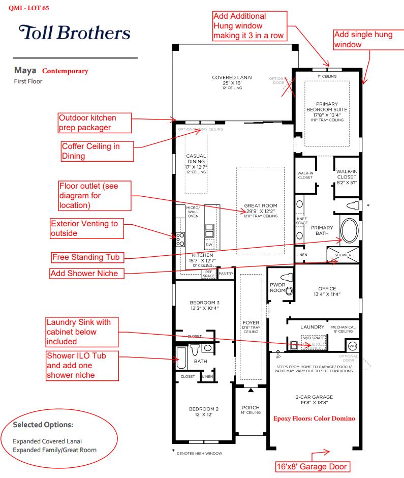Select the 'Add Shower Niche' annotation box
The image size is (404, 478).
[x=86, y=274]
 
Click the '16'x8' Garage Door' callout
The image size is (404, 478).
[x=312, y=466]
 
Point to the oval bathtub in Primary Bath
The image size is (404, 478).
[x=350, y=231]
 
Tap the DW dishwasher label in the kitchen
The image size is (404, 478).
[x=209, y=245]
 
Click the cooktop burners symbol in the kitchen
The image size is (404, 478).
[x=180, y=239]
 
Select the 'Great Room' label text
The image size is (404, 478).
[x=260, y=206]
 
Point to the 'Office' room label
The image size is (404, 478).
[x=327, y=289]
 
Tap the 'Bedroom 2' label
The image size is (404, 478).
[x=204, y=409]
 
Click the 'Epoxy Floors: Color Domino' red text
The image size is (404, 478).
[x=314, y=419]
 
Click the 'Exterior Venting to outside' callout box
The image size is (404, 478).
[x=87, y=228]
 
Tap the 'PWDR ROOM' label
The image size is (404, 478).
[x=277, y=288]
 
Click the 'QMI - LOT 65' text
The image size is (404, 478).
[x=29, y=8]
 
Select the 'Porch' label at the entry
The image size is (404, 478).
[x=251, y=408]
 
